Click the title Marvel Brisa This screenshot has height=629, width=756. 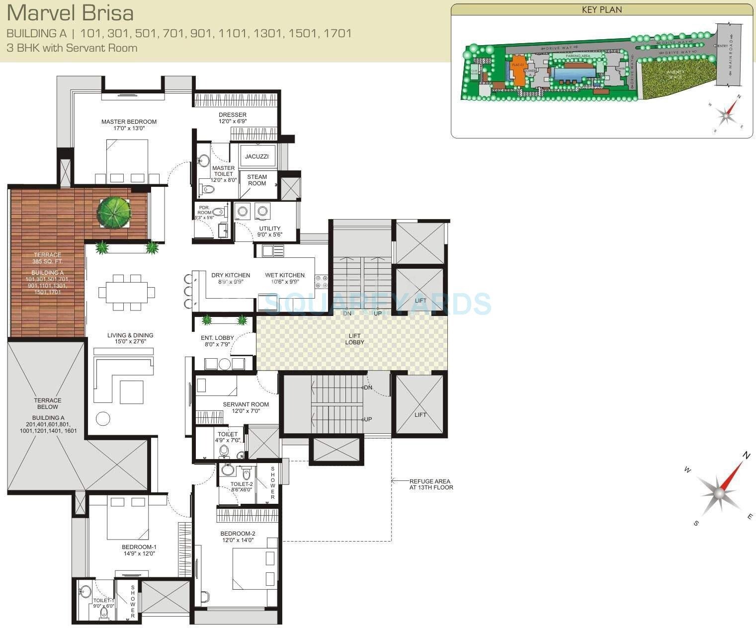(70, 13)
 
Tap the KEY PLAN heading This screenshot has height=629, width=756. (601, 9)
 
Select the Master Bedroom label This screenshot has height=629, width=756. (129, 122)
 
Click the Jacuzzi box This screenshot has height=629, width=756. (256, 157)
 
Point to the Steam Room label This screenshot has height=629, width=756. (257, 180)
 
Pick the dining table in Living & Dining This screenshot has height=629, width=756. (126, 292)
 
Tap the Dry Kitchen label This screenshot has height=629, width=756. (230, 275)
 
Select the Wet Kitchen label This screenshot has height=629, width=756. (284, 275)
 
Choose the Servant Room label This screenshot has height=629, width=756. (246, 404)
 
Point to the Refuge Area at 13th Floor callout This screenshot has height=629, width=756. (430, 484)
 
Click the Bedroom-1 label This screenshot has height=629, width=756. (139, 547)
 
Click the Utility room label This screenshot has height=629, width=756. (269, 229)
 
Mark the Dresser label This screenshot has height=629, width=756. (233, 115)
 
